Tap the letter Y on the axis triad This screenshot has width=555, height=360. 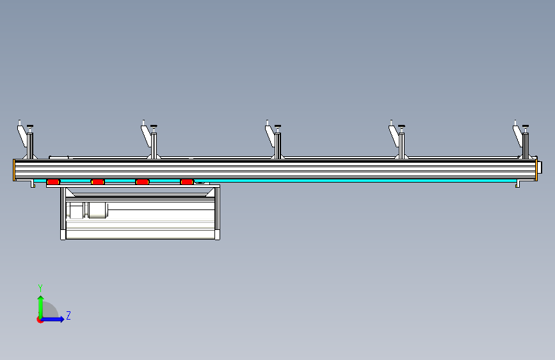click(x=40, y=288)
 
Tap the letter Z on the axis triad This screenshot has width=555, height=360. click(x=68, y=316)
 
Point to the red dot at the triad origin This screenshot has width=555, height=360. click(x=40, y=320)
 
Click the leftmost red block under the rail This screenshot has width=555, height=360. click(x=53, y=182)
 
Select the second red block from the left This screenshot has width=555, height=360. click(x=98, y=182)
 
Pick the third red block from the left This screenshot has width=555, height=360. click(x=142, y=182)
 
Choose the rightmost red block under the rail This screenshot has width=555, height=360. click(x=186, y=182)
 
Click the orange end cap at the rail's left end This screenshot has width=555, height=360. click(x=14, y=170)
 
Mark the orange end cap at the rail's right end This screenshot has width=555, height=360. click(x=536, y=170)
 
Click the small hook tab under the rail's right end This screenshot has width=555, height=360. click(x=518, y=184)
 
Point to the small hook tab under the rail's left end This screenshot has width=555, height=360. click(x=32, y=184)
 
